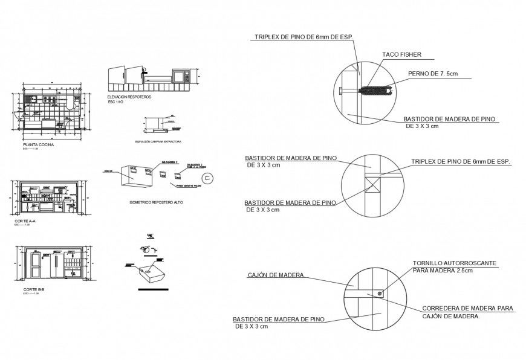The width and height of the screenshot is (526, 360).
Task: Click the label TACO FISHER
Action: point(401,55)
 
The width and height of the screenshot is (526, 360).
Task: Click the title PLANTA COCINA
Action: point(37,146)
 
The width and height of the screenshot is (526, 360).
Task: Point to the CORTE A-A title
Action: point(25,222)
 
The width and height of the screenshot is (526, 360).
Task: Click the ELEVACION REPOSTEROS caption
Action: point(129,97)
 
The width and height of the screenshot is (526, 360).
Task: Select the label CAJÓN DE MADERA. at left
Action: point(276,275)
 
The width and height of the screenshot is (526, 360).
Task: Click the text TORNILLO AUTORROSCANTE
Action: point(454,264)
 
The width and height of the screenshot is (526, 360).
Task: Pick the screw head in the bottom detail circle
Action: point(379,294)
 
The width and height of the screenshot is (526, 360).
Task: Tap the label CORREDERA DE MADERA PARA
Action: point(467,308)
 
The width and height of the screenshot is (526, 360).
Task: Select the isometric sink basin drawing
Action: point(151,274)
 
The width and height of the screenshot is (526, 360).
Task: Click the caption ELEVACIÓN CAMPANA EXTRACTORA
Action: point(158,141)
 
